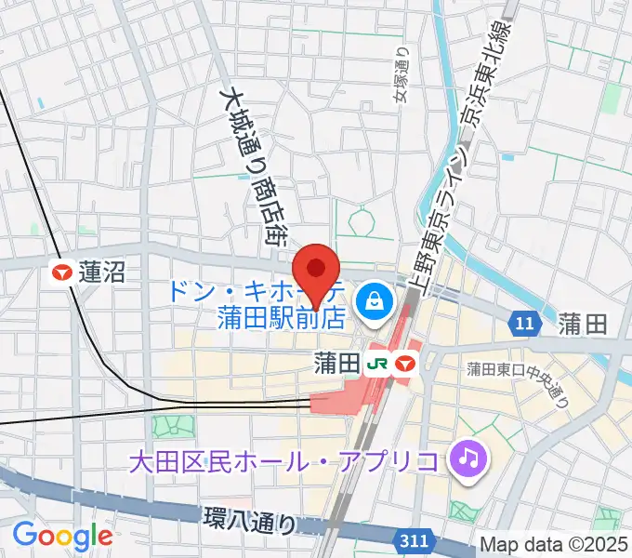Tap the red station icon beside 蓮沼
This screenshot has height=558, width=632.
63,272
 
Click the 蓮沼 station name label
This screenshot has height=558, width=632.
102,272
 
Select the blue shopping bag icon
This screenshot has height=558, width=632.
373,299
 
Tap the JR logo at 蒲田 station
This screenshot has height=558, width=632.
377,361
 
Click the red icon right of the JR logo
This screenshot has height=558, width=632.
405,361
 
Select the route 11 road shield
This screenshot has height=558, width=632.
525,324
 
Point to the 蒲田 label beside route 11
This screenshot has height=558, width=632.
583,324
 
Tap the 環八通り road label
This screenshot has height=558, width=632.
250,520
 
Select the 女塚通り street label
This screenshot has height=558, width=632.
400,74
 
